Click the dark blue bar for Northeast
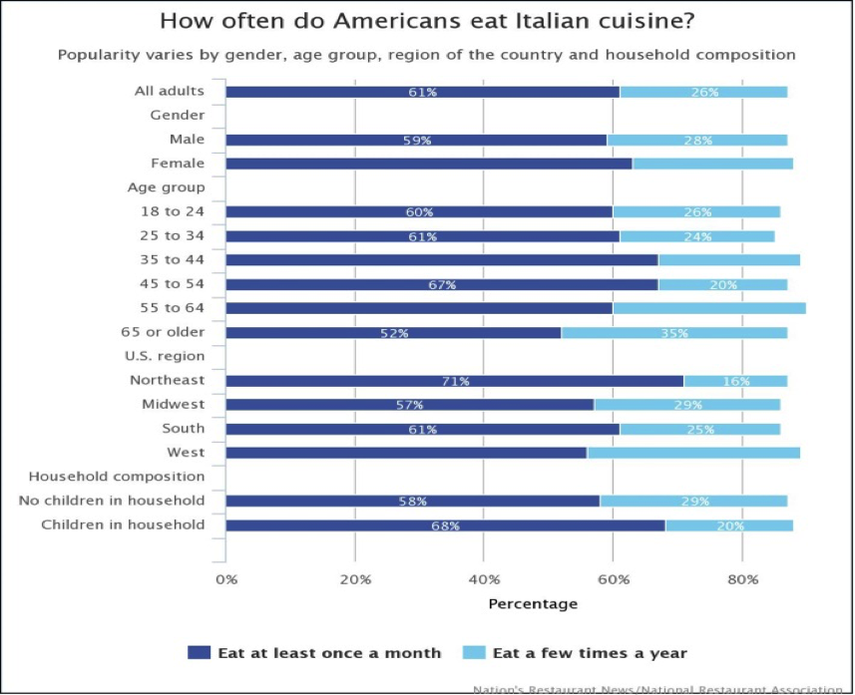[x=454, y=381]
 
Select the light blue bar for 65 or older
[x=673, y=332]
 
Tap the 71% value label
[x=456, y=381]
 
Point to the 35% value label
[x=674, y=333]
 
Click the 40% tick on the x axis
[x=484, y=578]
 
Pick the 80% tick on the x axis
[x=742, y=578]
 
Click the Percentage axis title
[x=532, y=603]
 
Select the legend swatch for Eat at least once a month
[x=200, y=653]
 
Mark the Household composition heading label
[x=117, y=477]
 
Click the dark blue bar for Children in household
[x=445, y=525]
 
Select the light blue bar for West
[x=693, y=453]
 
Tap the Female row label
[x=178, y=164]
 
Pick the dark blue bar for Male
[x=416, y=140]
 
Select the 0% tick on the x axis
[x=226, y=578]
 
